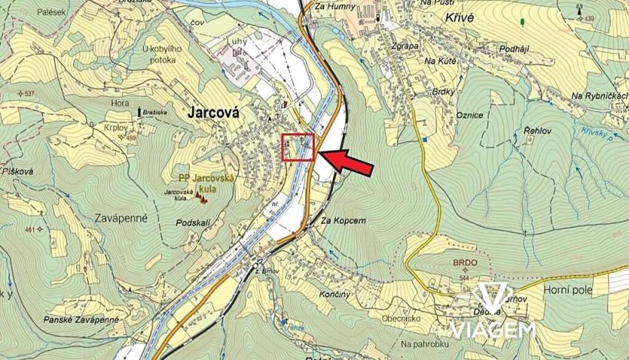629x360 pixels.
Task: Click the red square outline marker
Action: pyautogui.click(x=298, y=147)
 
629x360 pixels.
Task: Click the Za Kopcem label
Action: pyautogui.click(x=339, y=220)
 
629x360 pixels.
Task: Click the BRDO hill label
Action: pyautogui.click(x=466, y=262)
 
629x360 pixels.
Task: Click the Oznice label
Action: pyautogui.click(x=469, y=115)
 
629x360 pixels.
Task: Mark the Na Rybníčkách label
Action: pyautogui.click(x=600, y=95)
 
